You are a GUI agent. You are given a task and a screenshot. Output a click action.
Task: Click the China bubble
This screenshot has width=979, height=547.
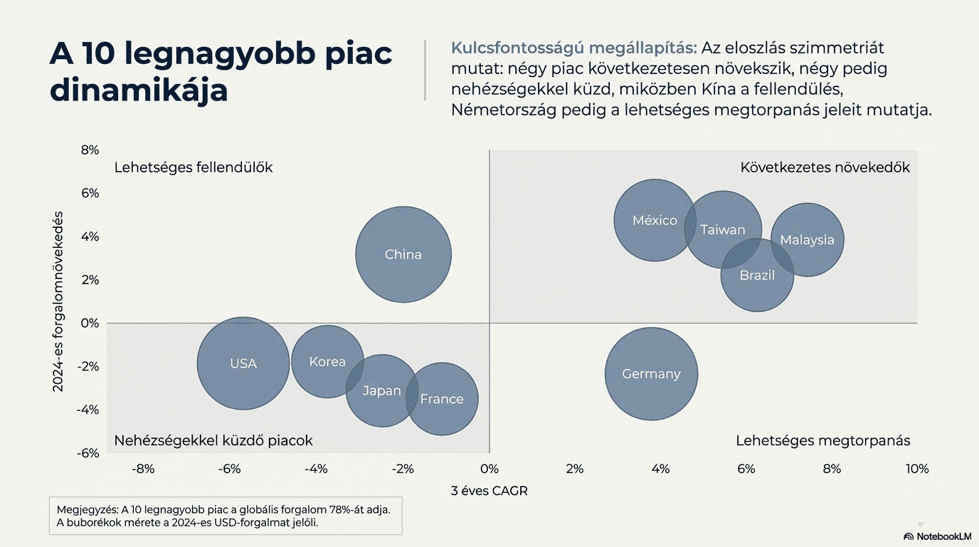tap(403, 254)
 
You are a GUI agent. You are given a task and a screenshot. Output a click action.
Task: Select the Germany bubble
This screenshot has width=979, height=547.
tap(651, 374)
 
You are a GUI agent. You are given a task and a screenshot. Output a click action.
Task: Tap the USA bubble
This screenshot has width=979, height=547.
tap(243, 363)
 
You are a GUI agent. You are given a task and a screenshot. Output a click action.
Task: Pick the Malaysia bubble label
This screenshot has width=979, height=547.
tap(807, 240)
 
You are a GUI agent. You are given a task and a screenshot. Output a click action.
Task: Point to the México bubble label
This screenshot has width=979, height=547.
tap(655, 221)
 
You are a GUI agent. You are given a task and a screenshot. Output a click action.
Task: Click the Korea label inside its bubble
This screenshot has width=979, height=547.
tap(327, 362)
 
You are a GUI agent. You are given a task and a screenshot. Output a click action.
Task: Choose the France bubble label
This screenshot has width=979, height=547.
tap(442, 400)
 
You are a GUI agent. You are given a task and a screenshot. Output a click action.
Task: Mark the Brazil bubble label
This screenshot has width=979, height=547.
tap(757, 275)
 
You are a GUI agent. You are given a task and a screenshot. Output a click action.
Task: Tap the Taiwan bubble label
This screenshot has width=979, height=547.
tap(723, 229)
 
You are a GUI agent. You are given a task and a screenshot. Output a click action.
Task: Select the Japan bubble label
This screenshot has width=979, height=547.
tap(382, 391)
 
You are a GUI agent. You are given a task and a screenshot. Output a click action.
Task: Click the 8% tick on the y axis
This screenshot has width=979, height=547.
tap(90, 150)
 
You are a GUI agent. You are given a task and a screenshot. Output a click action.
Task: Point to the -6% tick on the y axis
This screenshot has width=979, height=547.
tap(88, 453)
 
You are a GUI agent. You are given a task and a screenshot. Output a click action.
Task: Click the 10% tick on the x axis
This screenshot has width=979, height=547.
tap(917, 469)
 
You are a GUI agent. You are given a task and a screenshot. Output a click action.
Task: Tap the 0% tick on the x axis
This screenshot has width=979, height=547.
tap(489, 469)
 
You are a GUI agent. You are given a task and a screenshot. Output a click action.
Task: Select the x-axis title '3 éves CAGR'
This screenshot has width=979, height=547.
tap(489, 491)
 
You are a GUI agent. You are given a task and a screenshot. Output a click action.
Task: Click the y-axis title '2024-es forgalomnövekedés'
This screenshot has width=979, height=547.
tap(59, 301)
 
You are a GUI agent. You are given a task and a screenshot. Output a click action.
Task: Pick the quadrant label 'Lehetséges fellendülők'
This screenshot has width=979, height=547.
tap(194, 168)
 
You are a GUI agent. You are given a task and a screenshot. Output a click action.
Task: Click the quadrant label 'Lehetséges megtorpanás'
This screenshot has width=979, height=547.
tap(823, 441)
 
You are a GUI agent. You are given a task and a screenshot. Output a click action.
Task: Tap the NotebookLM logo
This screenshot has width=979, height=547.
tap(937, 536)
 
